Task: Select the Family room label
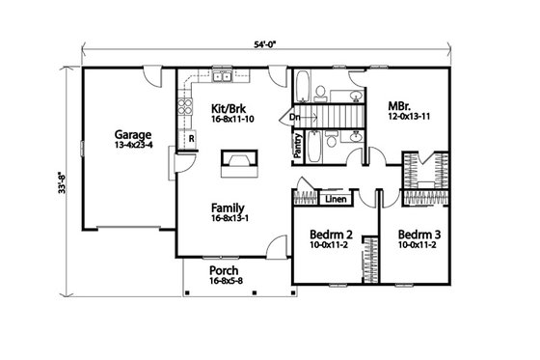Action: click(228, 208)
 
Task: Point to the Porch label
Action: click(224, 271)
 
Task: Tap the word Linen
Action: click(336, 201)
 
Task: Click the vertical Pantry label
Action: click(299, 145)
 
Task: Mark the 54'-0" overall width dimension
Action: click(266, 44)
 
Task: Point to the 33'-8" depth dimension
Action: click(61, 181)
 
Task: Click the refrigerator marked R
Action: click(192, 138)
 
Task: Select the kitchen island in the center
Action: click(234, 163)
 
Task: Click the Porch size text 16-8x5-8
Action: click(227, 283)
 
